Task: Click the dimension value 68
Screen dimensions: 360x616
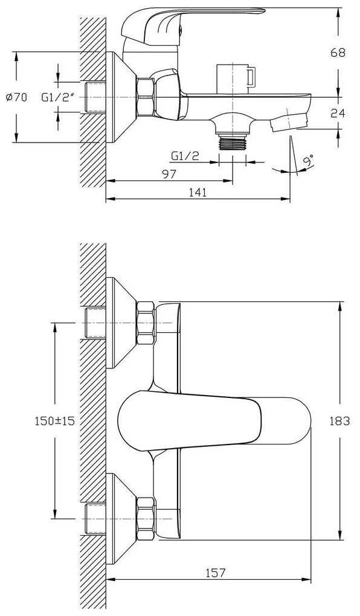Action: pos(338,53)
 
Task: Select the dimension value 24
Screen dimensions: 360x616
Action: pos(338,113)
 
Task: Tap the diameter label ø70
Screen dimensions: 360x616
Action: pos(17,97)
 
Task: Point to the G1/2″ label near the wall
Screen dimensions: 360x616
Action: pos(58,97)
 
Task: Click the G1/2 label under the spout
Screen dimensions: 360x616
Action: pos(185,156)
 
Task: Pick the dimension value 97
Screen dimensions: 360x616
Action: pos(169,174)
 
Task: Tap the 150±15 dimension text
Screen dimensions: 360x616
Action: pos(54,421)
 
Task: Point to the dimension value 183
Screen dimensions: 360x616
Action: pos(338,421)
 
